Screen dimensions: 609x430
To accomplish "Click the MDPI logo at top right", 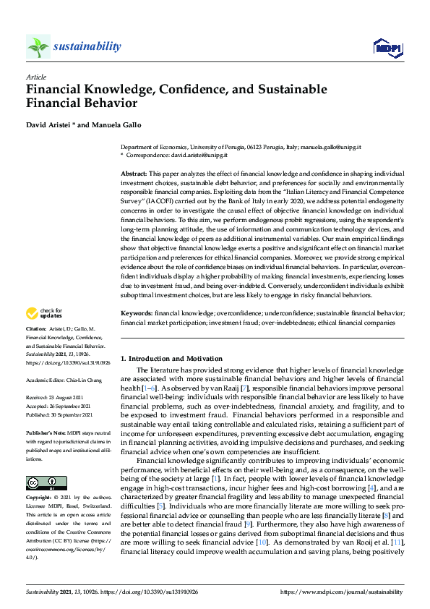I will (387, 47).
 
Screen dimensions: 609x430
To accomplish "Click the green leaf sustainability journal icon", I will (38, 47).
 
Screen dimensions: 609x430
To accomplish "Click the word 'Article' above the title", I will (35, 76).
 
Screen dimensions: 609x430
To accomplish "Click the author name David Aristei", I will (49, 124).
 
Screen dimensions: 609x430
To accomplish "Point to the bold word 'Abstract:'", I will (134, 175).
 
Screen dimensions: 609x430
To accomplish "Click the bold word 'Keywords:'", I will (137, 313).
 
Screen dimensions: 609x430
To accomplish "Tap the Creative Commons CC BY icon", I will (46, 482).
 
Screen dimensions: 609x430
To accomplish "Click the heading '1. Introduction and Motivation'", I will (172, 359).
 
